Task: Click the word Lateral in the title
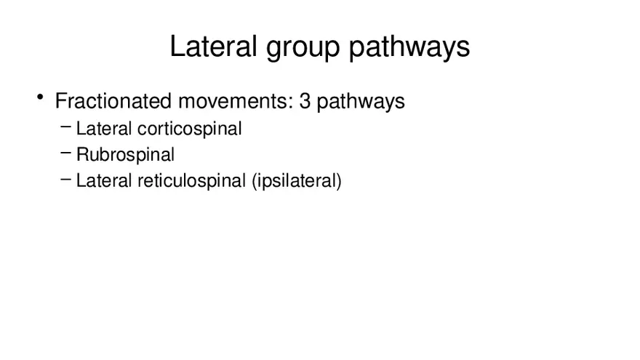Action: (213, 46)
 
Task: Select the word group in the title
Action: (303, 49)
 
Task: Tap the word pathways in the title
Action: (409, 48)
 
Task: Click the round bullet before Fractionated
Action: (40, 97)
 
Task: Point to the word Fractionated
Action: (113, 101)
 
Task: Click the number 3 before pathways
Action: (305, 101)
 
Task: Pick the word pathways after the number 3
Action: (361, 102)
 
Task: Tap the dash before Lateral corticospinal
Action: (65, 127)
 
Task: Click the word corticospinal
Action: (190, 129)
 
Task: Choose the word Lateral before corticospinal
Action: (104, 129)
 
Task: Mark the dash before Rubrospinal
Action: (65, 153)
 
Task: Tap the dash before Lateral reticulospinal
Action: (65, 179)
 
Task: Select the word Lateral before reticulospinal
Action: (104, 181)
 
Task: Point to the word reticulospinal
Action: (192, 181)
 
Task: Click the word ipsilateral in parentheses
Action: (296, 182)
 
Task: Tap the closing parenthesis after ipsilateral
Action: (339, 182)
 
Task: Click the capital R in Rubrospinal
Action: (82, 155)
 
